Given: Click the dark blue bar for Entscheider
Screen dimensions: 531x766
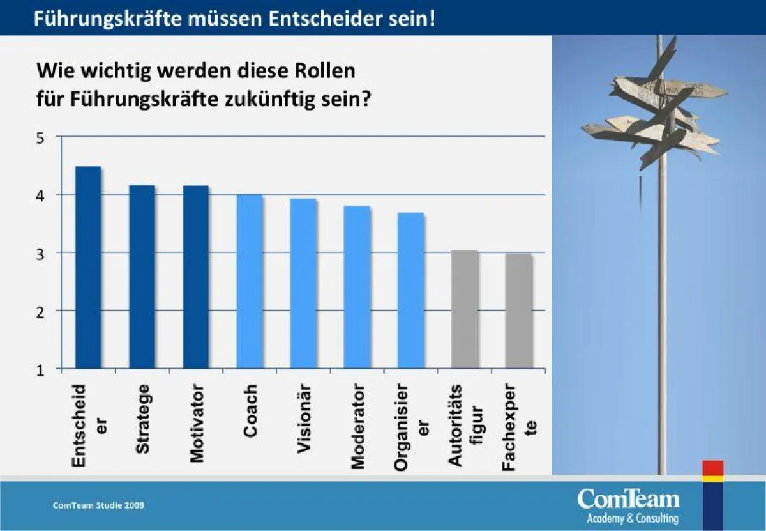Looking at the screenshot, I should (x=88, y=268).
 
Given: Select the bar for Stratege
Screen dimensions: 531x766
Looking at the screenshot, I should (x=142, y=277).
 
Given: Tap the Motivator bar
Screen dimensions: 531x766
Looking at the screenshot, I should (x=195, y=277).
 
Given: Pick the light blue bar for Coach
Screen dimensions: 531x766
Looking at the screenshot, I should (x=249, y=282).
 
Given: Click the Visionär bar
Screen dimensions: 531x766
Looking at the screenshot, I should (x=303, y=284).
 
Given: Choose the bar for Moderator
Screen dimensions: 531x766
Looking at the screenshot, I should (x=357, y=288).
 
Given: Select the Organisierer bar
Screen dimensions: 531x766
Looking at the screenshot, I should (x=410, y=291).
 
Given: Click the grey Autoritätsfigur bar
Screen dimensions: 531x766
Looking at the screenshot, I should (x=464, y=309).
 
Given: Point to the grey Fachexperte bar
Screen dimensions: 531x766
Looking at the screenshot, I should (x=518, y=311).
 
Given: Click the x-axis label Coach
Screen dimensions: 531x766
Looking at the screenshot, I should (x=250, y=411).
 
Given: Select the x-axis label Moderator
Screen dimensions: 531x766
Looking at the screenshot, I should (x=358, y=426).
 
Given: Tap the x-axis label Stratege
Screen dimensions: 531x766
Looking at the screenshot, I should (x=143, y=419).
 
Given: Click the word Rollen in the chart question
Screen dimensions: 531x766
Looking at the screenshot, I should (x=323, y=70).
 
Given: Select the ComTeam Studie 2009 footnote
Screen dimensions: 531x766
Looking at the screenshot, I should (x=98, y=505).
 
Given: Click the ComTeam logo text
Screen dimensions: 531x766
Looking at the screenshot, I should (x=628, y=498).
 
